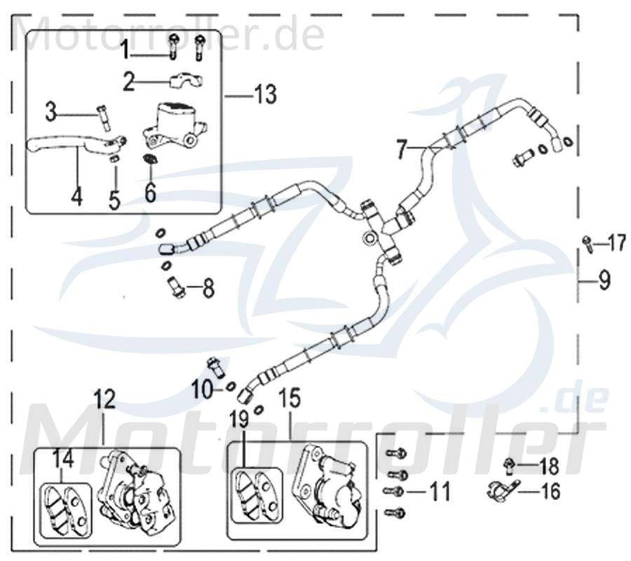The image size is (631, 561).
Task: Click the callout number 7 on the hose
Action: click(401, 149)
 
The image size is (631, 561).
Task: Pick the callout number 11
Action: click(439, 492)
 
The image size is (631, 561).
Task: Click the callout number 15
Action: click(290, 400)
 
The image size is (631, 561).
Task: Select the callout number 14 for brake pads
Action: click(62, 459)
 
